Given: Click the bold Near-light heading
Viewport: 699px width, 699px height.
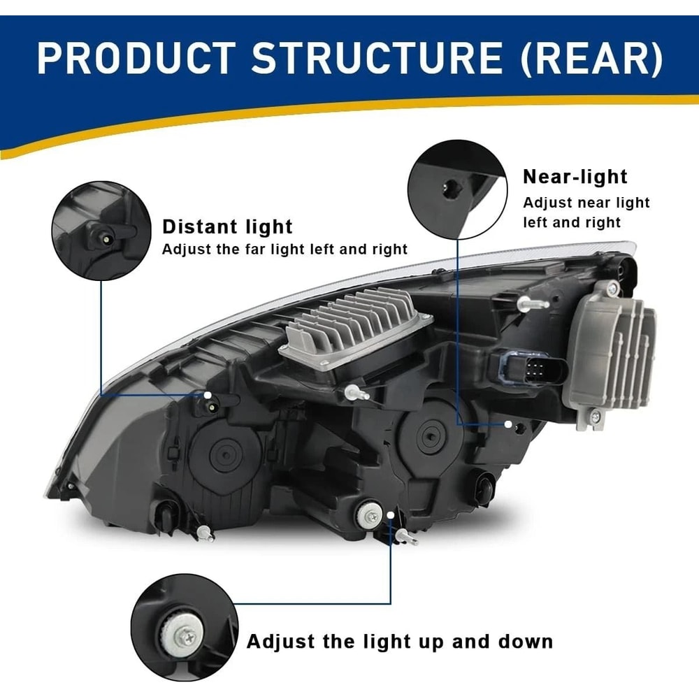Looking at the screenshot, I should [575, 177].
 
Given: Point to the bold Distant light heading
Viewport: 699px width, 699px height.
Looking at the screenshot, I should [227, 226].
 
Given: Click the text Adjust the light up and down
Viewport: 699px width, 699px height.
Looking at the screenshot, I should [399, 641].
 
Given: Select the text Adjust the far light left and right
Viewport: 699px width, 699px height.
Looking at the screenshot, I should [284, 249].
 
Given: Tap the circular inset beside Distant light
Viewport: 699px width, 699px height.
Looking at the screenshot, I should [101, 230].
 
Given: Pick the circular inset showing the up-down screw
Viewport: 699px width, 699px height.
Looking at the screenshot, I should [184, 628].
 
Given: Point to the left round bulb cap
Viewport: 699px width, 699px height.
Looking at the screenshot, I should [224, 455].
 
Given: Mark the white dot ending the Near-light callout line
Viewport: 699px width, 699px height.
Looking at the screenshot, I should [508, 424].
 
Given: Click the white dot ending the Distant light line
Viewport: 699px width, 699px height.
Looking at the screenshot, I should [208, 396].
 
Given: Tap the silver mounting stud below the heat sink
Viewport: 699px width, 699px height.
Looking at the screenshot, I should [356, 393].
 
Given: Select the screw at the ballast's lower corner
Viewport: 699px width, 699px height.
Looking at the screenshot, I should [595, 417].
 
